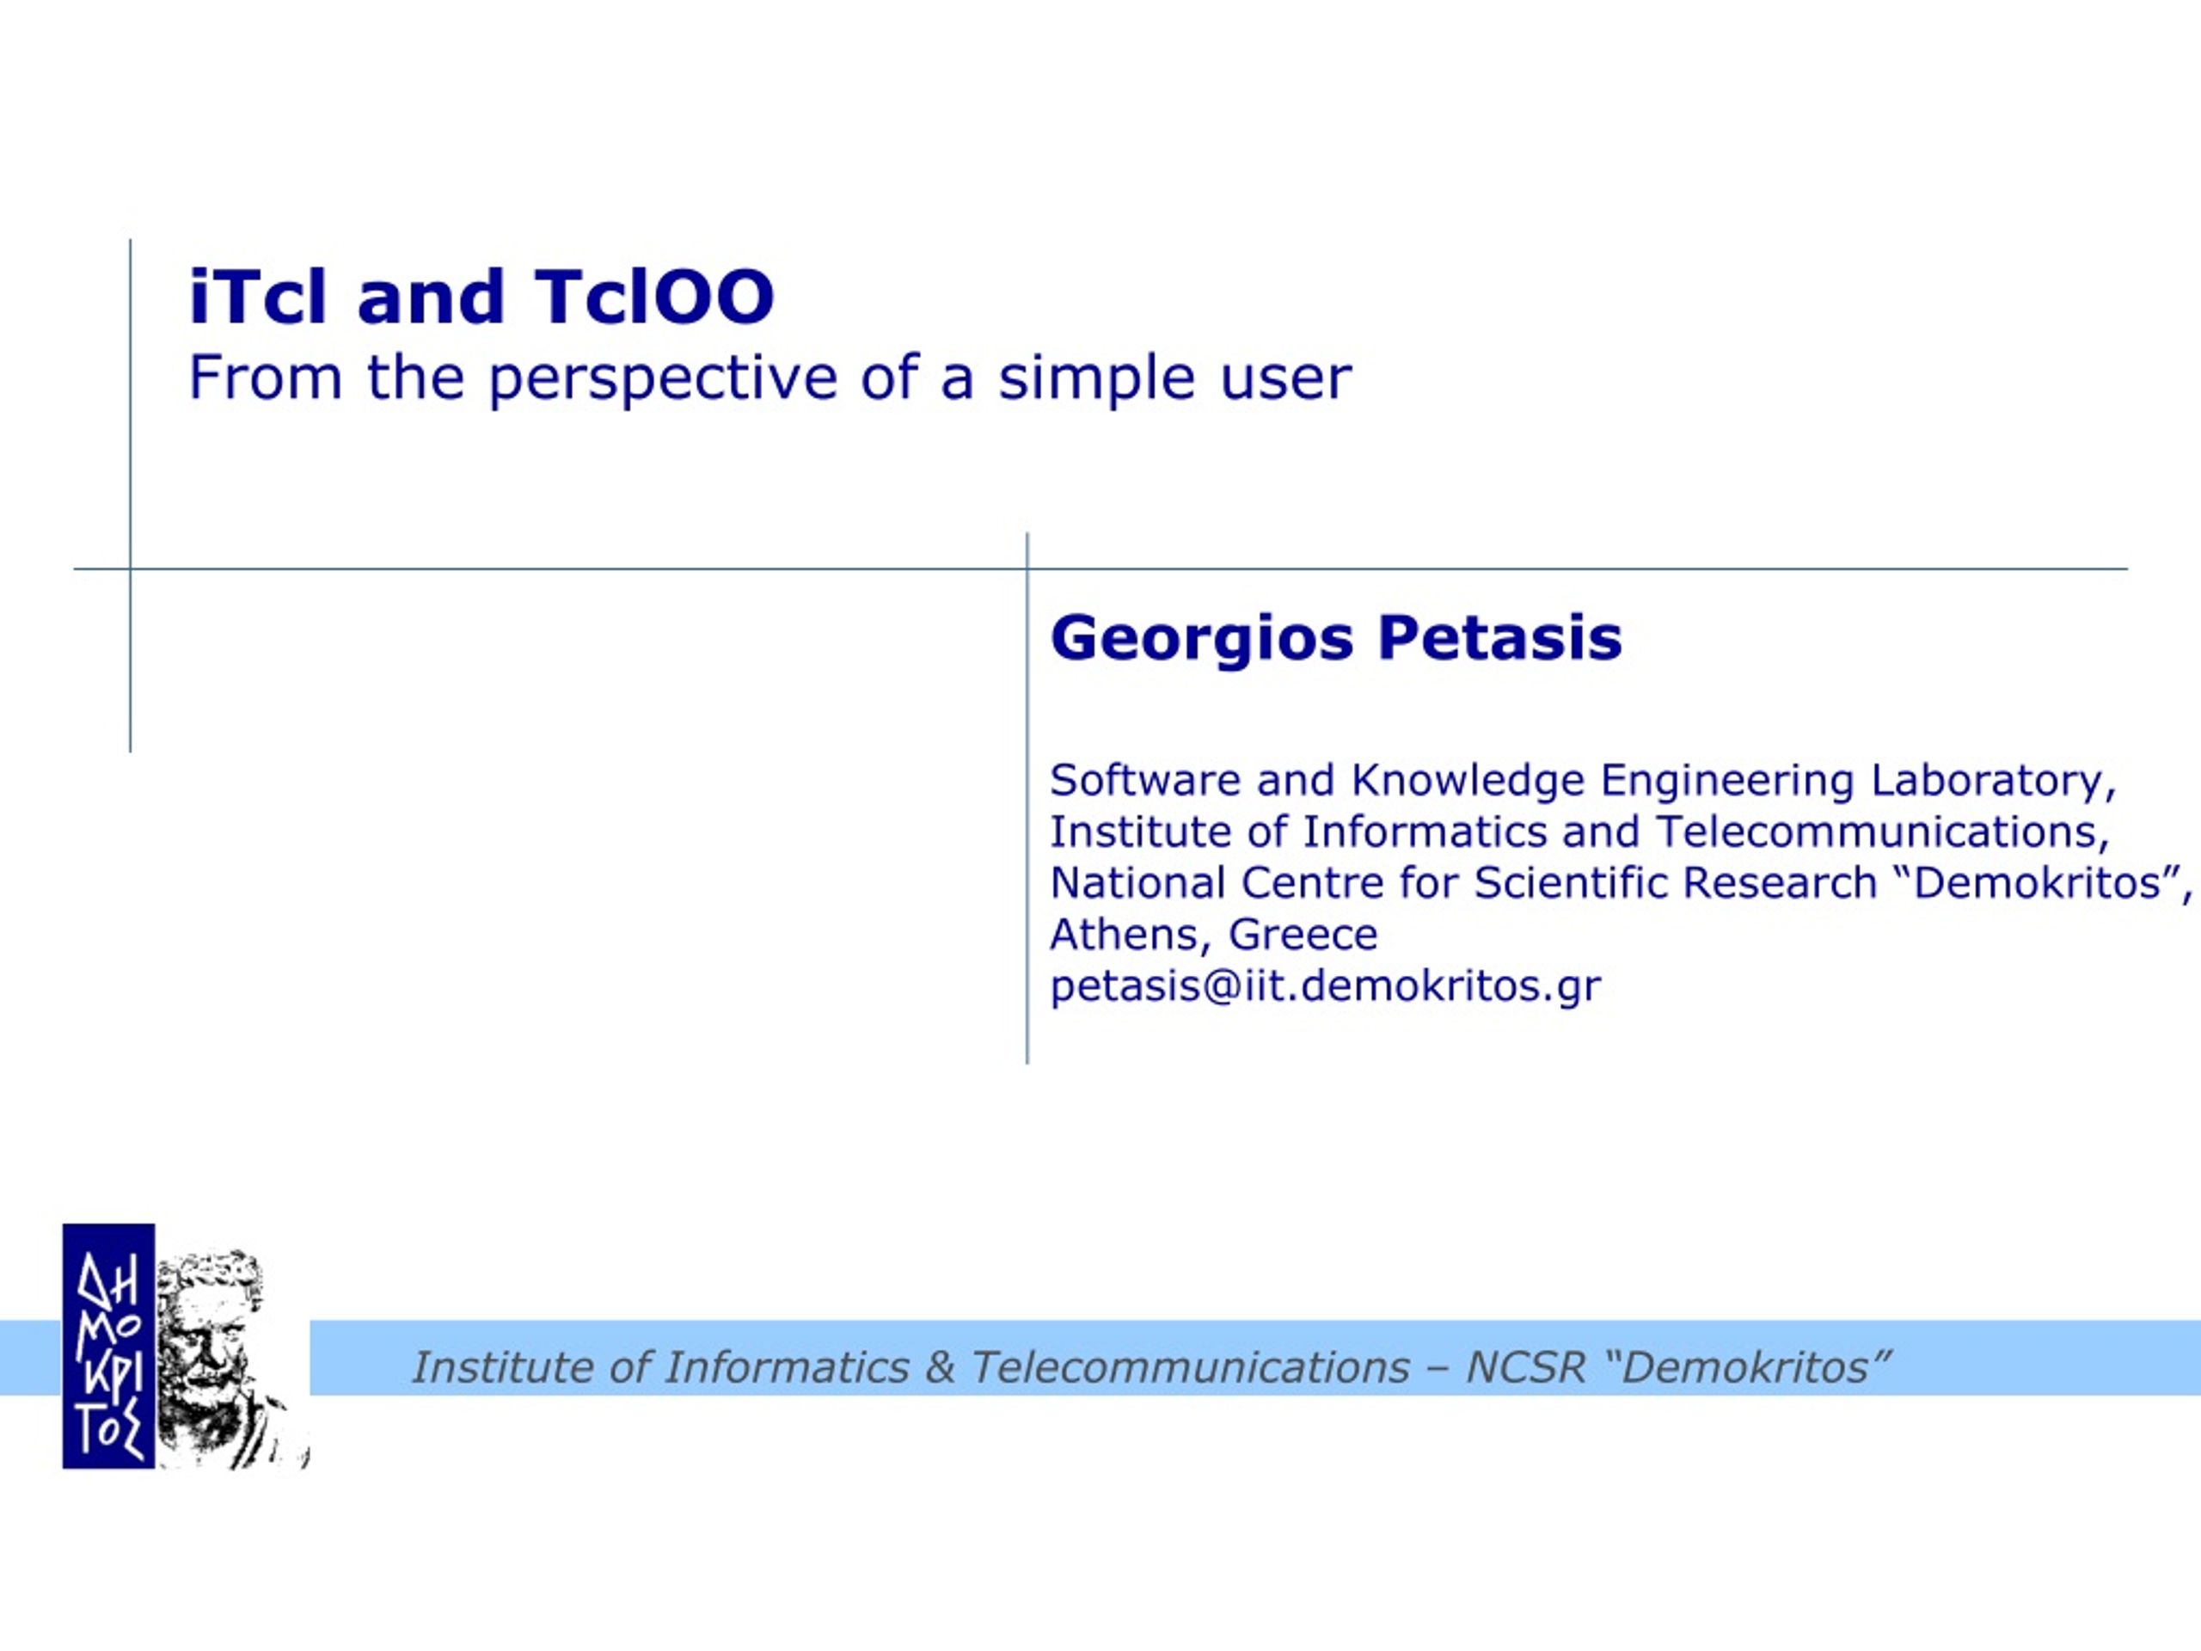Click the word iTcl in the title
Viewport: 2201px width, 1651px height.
point(258,297)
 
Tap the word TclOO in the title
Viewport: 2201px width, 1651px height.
point(653,297)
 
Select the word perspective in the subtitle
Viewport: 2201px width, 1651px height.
point(663,380)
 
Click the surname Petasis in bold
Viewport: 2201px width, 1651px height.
point(1500,638)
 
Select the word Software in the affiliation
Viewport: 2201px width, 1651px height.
point(1145,779)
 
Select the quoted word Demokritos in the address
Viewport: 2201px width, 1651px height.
point(2036,883)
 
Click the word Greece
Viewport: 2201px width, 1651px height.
point(1303,935)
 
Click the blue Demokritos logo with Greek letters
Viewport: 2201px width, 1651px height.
point(108,1346)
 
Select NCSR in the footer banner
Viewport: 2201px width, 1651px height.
point(1525,1367)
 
